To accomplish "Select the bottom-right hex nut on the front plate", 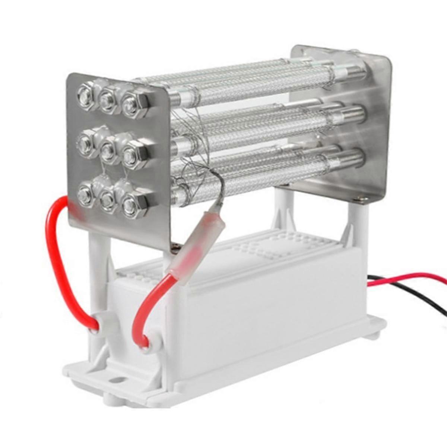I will tap(131, 203).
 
